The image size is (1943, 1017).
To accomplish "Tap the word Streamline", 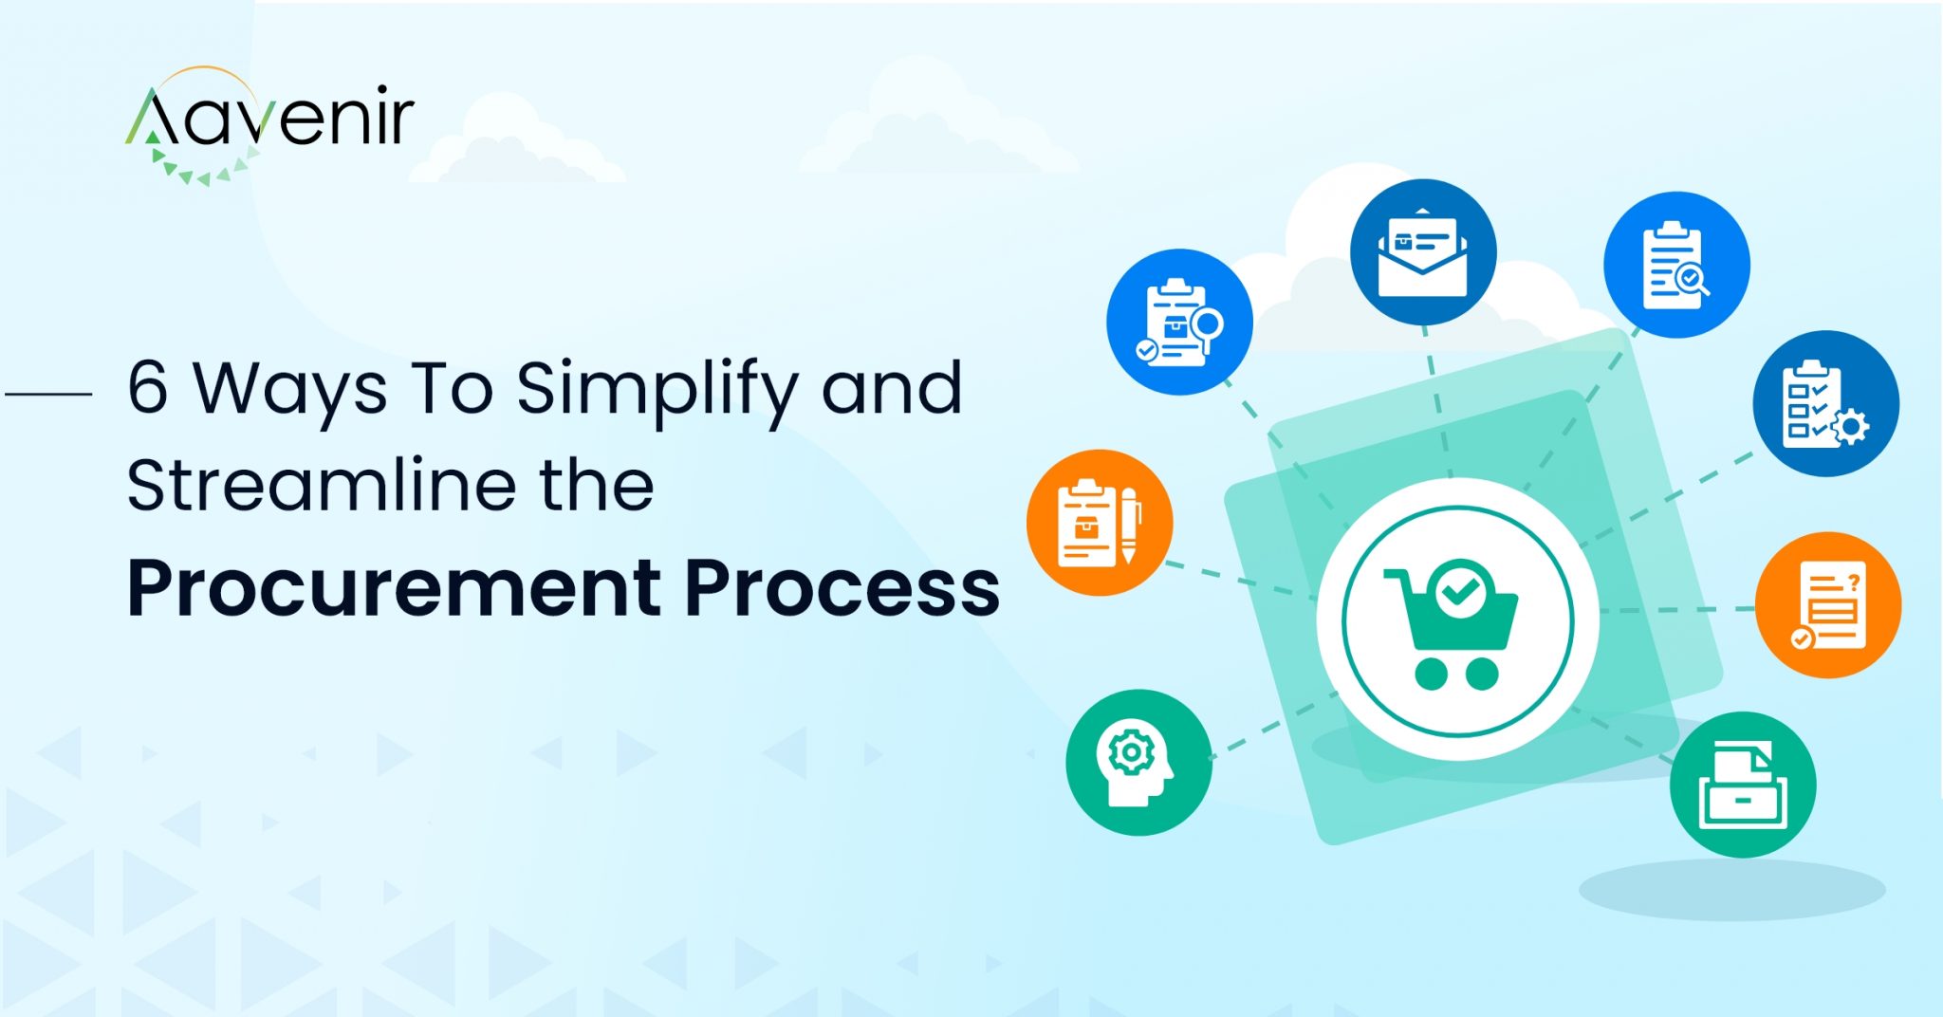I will (x=322, y=486).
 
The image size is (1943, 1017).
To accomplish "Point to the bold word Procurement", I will (x=394, y=588).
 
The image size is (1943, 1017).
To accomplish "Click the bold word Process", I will (x=842, y=588).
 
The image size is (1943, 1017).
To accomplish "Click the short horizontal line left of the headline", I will (x=48, y=393).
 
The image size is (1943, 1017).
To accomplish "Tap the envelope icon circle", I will (x=1422, y=252).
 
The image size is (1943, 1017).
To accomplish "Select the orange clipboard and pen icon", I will (x=1100, y=523).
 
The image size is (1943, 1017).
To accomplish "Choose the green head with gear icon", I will (x=1138, y=763).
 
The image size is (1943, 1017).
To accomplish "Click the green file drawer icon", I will (x=1743, y=786).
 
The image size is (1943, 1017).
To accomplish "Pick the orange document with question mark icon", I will (x=1828, y=605).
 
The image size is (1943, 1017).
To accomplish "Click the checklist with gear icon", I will (x=1825, y=403).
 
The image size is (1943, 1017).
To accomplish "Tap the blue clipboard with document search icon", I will (x=1676, y=265).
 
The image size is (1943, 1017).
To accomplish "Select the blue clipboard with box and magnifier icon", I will (x=1179, y=323).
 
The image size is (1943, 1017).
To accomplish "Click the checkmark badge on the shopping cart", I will (x=1460, y=590).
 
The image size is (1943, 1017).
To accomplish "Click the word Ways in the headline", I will (x=290, y=389).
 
